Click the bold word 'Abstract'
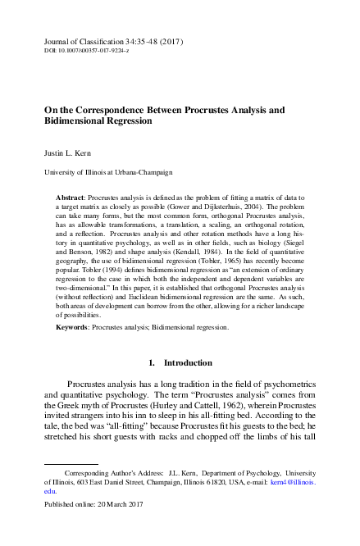[x=71, y=199]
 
